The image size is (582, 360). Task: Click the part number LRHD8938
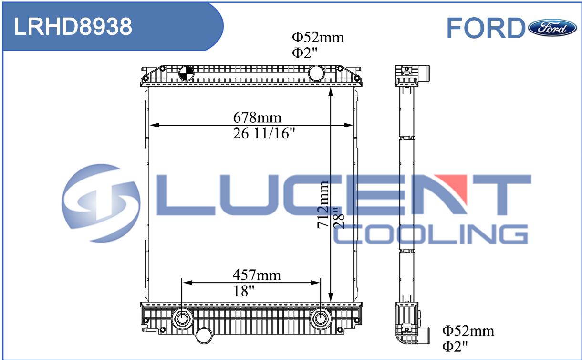pos(73,27)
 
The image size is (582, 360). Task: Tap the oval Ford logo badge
pos(552,28)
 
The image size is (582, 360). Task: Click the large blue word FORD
pos(486,28)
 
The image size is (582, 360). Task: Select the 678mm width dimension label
pos(257,117)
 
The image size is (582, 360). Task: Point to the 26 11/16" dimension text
pos(264,133)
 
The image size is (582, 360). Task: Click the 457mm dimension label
pos(257,275)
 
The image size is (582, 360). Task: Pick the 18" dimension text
pos(244,291)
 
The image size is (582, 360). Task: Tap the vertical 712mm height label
pos(323,204)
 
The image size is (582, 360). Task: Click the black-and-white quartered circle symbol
pos(187,73)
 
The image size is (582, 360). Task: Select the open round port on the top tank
pos(316,73)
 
